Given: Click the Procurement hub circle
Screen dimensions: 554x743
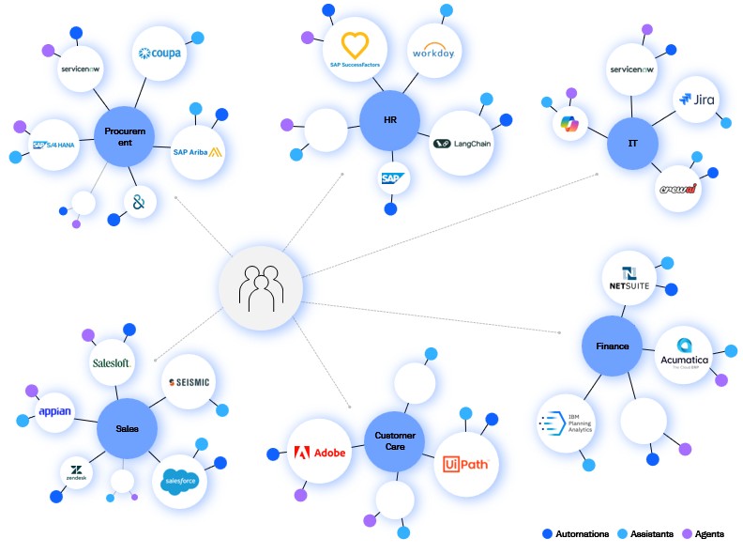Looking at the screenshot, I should point(124,137).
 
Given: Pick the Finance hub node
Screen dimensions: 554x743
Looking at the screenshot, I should point(612,346).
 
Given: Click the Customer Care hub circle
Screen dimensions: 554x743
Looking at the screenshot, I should point(395,442).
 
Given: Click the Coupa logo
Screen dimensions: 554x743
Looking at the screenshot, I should point(159,54).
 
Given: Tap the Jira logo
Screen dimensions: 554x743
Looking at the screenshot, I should point(699,99).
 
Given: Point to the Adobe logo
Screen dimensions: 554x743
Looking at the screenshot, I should point(320,452).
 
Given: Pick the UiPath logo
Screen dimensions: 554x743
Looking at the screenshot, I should point(466,464).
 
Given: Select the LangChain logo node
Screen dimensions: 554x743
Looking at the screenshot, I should point(462,143).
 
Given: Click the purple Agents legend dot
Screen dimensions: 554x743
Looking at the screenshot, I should point(685,533).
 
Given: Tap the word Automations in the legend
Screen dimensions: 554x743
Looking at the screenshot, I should point(582,533).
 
